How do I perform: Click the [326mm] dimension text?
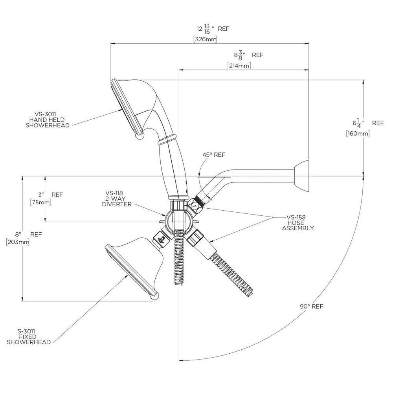pyautogui.click(x=205, y=39)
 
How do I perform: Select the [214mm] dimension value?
pyautogui.click(x=239, y=66)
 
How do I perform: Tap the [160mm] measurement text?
pyautogui.click(x=358, y=133)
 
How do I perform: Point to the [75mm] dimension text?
pyautogui.click(x=40, y=202)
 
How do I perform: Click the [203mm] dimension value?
pyautogui.click(x=18, y=242)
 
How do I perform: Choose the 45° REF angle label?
pyautogui.click(x=214, y=155)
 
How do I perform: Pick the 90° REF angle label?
pyautogui.click(x=312, y=306)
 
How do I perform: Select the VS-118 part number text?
pyautogui.click(x=114, y=193)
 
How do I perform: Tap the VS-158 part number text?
pyautogui.click(x=296, y=217)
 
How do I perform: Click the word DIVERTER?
pyautogui.click(x=117, y=204)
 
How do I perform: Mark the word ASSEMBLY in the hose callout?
pyautogui.click(x=298, y=228)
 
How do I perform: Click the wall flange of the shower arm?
pyautogui.click(x=301, y=176)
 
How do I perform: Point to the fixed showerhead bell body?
pyautogui.click(x=138, y=264)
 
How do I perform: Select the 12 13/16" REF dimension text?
pyautogui.click(x=213, y=29)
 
